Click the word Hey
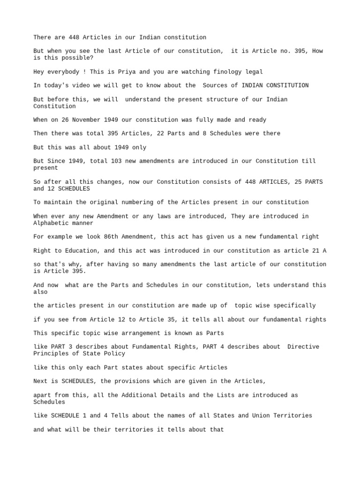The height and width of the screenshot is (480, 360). [x=39, y=72]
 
